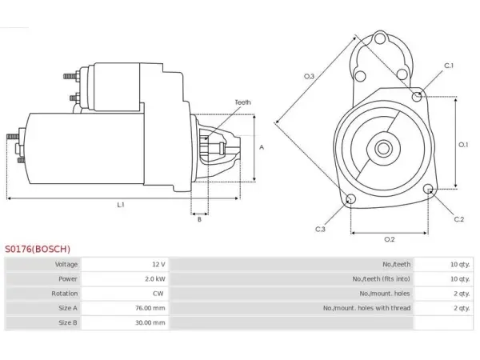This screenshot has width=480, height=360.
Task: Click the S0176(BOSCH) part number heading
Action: [x=38, y=249]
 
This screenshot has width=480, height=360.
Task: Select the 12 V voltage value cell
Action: [x=158, y=264]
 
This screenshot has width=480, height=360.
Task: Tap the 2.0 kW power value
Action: [x=155, y=279]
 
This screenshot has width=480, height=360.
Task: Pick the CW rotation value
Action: [x=158, y=294]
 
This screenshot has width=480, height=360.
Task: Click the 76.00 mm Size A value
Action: [x=150, y=308]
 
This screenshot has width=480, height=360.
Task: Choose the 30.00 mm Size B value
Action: [x=150, y=322]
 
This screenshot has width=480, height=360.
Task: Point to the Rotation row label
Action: [x=64, y=294]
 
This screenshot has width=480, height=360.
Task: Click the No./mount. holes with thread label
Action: [x=366, y=308]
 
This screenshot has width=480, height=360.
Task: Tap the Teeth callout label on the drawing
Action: [x=242, y=102]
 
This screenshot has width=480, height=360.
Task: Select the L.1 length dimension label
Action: [x=121, y=205]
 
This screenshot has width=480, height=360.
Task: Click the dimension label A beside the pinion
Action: [x=262, y=147]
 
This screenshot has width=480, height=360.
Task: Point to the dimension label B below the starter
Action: [x=199, y=219]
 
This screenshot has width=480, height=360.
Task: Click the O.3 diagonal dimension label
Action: [x=309, y=76]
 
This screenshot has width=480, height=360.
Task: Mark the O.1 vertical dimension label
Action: [x=463, y=144]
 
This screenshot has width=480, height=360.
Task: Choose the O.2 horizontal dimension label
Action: [x=390, y=239]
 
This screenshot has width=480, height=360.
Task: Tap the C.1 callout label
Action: [x=449, y=66]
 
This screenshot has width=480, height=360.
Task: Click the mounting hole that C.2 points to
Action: [x=429, y=189]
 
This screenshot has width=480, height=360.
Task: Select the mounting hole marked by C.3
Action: [x=350, y=199]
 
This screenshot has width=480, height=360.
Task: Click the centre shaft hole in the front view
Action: [x=383, y=149]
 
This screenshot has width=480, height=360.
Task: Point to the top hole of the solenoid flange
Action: [x=380, y=39]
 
